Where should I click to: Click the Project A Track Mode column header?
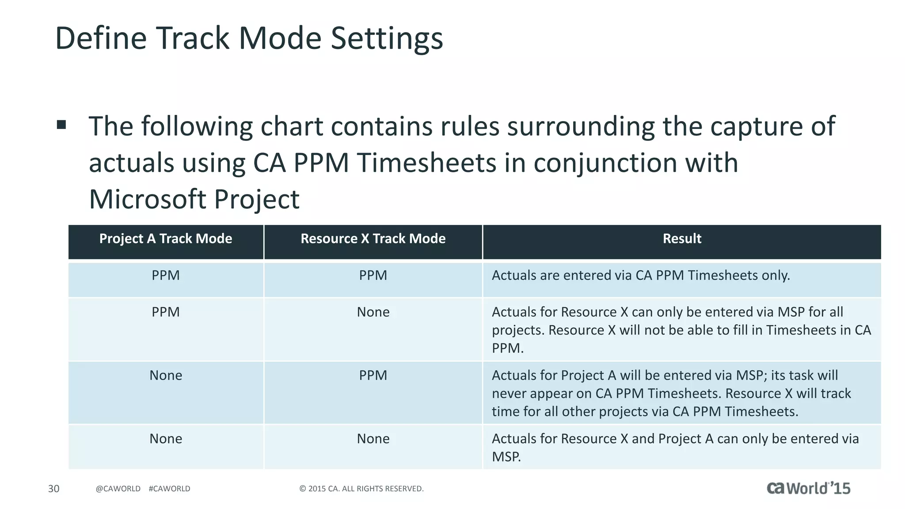(166, 239)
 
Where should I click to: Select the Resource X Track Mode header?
(373, 239)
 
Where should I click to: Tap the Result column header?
(682, 239)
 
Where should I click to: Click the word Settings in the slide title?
(387, 39)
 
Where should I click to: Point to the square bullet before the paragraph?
(61, 125)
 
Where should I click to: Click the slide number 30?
(53, 489)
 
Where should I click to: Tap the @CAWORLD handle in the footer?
(118, 489)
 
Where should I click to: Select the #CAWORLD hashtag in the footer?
(170, 489)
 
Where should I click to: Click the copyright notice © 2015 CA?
(361, 489)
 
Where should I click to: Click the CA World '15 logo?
(808, 488)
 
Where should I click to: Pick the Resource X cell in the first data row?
(373, 276)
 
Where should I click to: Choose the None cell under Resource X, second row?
(373, 312)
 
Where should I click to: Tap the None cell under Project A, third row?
(166, 376)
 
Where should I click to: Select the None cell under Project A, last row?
(166, 439)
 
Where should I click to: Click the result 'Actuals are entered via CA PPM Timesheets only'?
(641, 276)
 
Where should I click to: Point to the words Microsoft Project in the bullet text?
(194, 199)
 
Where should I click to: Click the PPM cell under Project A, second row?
(166, 312)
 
